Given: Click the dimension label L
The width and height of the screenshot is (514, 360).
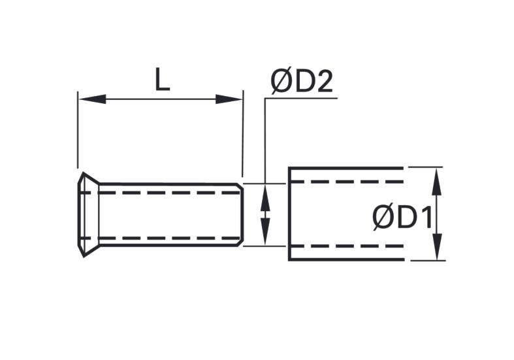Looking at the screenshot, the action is point(162,79).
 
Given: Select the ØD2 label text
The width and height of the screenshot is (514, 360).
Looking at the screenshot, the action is point(302,82).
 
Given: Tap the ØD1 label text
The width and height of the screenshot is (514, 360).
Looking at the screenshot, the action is point(402,218).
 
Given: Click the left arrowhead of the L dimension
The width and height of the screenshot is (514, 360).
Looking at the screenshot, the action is point(93,99).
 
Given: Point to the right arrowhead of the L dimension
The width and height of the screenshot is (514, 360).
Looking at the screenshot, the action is point(229,99).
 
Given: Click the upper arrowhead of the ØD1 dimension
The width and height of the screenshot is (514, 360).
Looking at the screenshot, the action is point(436,182).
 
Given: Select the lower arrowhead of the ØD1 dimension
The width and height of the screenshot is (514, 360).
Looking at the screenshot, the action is point(437,246).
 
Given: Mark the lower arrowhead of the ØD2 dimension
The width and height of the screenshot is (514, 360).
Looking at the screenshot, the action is point(265,231).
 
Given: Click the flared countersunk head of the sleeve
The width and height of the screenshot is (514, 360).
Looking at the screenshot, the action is point(89,214).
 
